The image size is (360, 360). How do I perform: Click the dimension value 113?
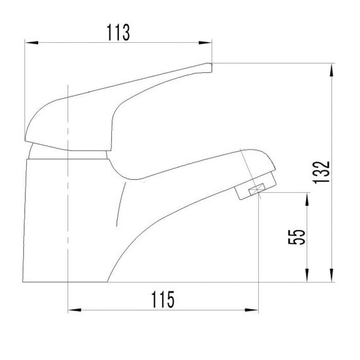pos(119,32)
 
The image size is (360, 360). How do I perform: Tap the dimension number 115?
pos(163,299)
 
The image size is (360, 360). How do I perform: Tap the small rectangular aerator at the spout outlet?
pos(256,191)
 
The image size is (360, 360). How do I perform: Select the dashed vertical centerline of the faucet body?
pos(68,206)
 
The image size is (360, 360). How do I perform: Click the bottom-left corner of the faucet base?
pos(24,282)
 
